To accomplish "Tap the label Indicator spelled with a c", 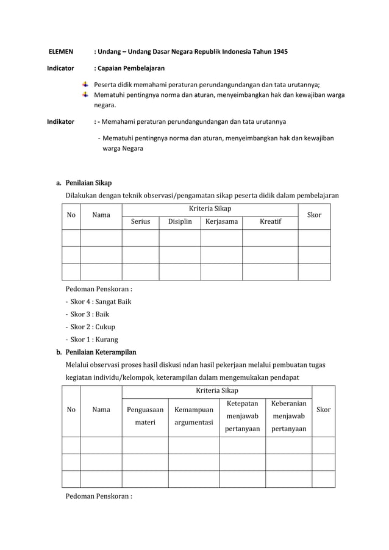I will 61,68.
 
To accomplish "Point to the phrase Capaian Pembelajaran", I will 132,68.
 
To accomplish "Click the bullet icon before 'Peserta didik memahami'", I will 85,85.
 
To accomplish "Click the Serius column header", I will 140,221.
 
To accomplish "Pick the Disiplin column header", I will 180,221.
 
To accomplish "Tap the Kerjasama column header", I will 222,221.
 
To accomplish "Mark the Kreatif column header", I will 271,221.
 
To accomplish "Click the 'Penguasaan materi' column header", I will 145,415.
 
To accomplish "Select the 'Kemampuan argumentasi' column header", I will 193,415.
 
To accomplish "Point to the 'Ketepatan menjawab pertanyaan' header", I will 242,416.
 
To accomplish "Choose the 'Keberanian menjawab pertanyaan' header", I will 288,416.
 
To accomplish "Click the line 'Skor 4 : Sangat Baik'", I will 99,301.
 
